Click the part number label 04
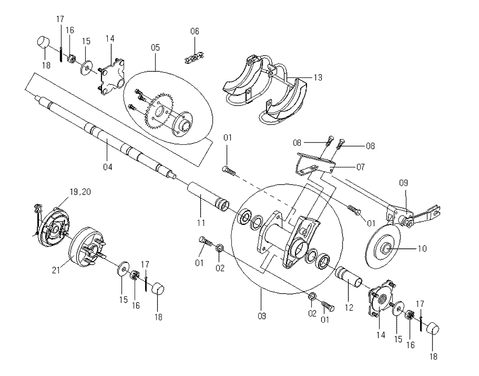[107, 167]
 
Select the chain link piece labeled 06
[194, 58]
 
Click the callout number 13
[318, 77]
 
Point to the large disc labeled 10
[383, 247]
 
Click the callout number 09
[403, 183]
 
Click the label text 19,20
[80, 192]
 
